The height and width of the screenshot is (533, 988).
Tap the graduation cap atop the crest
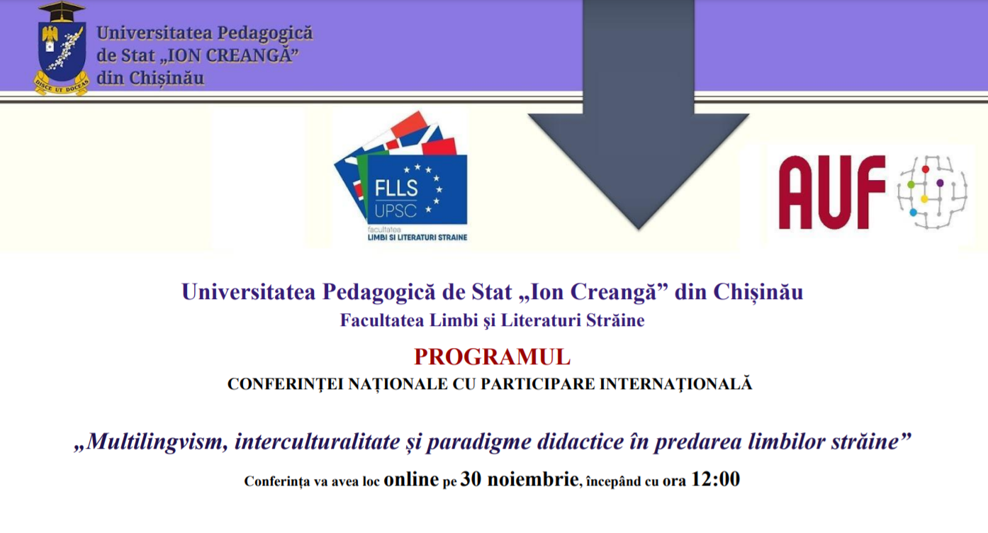coord(62,12)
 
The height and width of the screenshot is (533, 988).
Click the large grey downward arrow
coord(638,115)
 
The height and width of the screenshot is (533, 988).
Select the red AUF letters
coord(832,192)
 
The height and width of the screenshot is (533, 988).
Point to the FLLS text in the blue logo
coord(396,189)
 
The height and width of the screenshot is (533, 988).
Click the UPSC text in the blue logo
coord(395,211)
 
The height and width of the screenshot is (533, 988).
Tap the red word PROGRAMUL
coord(493,357)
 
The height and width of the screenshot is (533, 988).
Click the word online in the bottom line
coord(411,479)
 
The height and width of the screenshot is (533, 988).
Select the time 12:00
coord(715,479)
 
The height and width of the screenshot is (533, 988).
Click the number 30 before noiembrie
coord(471,479)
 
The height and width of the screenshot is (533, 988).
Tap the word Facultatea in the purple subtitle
coord(382,320)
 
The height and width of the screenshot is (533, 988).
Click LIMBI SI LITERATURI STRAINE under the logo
coord(417,237)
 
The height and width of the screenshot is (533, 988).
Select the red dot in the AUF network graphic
coord(926,169)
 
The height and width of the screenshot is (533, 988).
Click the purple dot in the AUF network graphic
coord(940,183)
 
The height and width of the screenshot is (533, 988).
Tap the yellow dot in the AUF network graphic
coord(924,199)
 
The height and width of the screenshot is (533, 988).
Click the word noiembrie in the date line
coord(533,479)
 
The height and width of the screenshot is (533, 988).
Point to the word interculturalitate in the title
coord(317,442)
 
